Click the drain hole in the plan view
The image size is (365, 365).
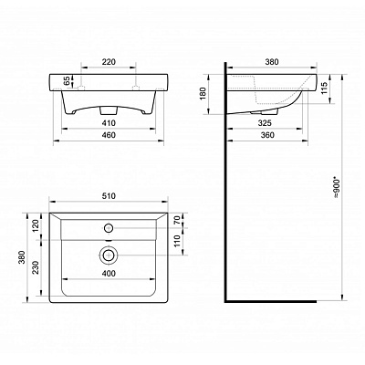[108, 256]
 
